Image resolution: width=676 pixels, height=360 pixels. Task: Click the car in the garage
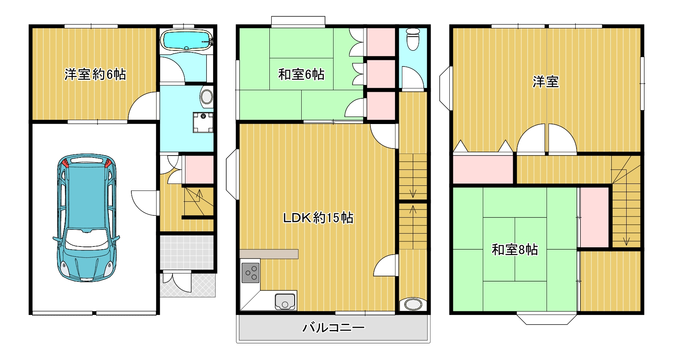click(x=86, y=218)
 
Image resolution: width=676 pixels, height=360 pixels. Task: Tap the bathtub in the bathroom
click(x=186, y=40)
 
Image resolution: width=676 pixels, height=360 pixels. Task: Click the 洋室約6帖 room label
click(x=95, y=74)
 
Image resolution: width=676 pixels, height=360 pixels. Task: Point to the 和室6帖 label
click(x=301, y=74)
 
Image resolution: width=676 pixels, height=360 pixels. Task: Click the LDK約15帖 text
click(x=318, y=218)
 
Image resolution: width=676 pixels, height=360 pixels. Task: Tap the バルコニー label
click(x=334, y=327)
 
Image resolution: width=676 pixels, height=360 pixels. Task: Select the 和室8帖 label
click(x=515, y=249)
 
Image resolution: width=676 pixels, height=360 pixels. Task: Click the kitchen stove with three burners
click(x=250, y=273)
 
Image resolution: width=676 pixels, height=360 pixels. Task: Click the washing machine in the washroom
click(x=203, y=122)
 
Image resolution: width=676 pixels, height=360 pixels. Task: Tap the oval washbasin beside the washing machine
click(x=207, y=97)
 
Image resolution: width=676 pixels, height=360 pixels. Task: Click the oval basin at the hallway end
click(x=413, y=304)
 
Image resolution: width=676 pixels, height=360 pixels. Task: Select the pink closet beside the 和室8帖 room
click(x=594, y=217)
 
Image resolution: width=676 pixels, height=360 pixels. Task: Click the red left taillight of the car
click(x=65, y=162)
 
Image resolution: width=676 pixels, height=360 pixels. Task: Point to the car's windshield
click(x=86, y=238)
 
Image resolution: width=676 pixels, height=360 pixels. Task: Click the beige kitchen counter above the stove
click(x=269, y=254)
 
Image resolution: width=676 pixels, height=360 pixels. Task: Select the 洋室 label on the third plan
click(x=546, y=82)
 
